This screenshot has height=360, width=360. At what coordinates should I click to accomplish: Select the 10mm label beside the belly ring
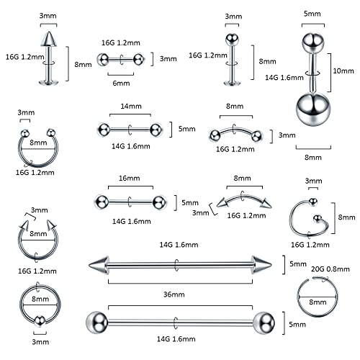(x=343, y=72)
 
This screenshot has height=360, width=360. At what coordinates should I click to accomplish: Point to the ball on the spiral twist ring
(x=313, y=200)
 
